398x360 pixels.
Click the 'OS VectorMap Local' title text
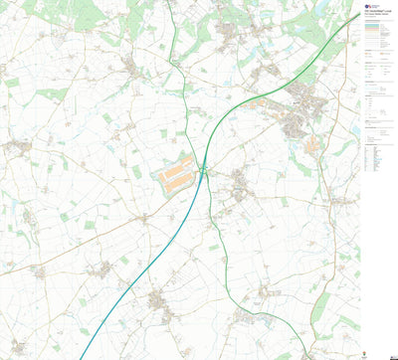pyautogui.click(x=374, y=14)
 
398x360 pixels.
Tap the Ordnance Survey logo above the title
pyautogui.click(x=366, y=5)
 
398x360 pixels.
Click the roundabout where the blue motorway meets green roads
pyautogui.click(x=203, y=171)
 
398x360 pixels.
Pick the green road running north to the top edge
pyautogui.click(x=177, y=60)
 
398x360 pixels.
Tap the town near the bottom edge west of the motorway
pyautogui.click(x=159, y=298)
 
